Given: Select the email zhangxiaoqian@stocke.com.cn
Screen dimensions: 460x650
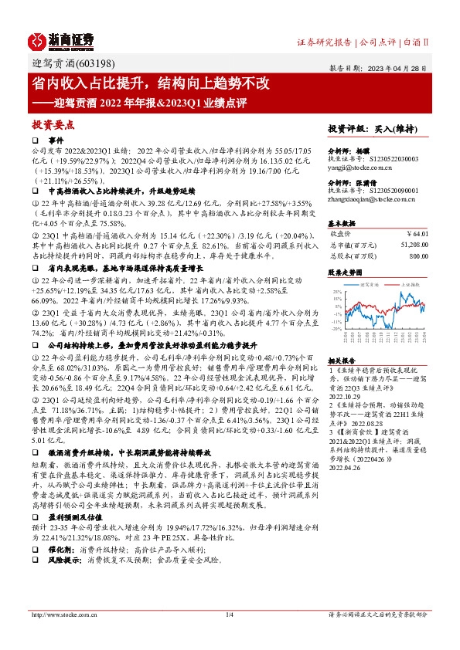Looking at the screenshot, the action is click(371, 198).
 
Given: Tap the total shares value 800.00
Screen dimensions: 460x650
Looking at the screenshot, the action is click(418, 255).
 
